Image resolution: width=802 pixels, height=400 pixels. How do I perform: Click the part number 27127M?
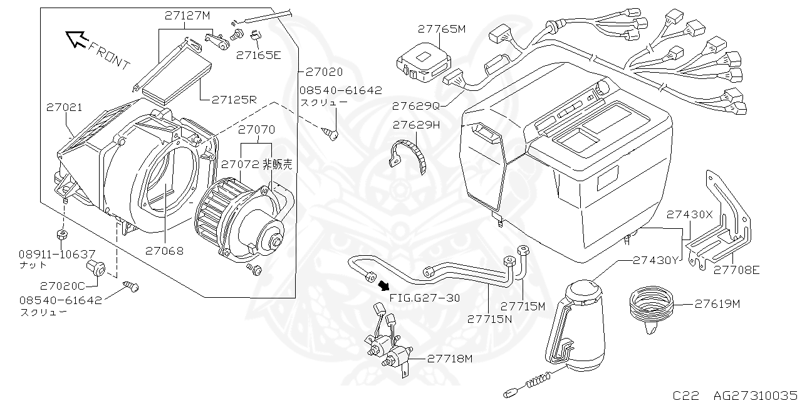(188, 17)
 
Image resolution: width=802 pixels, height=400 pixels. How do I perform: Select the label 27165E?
(258, 55)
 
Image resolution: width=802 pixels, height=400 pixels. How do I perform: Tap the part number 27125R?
(234, 100)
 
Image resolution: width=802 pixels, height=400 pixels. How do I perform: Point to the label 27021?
(64, 108)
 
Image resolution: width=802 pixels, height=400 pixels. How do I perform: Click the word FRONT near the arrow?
(110, 56)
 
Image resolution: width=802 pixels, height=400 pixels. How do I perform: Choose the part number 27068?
(164, 251)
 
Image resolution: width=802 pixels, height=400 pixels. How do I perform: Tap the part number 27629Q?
(416, 105)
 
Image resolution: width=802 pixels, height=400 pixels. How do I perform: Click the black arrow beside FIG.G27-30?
(382, 287)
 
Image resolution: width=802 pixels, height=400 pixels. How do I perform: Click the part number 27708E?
(737, 270)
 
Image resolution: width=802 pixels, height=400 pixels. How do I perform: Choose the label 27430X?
(689, 214)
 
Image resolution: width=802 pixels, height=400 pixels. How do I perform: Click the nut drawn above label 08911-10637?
(62, 235)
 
